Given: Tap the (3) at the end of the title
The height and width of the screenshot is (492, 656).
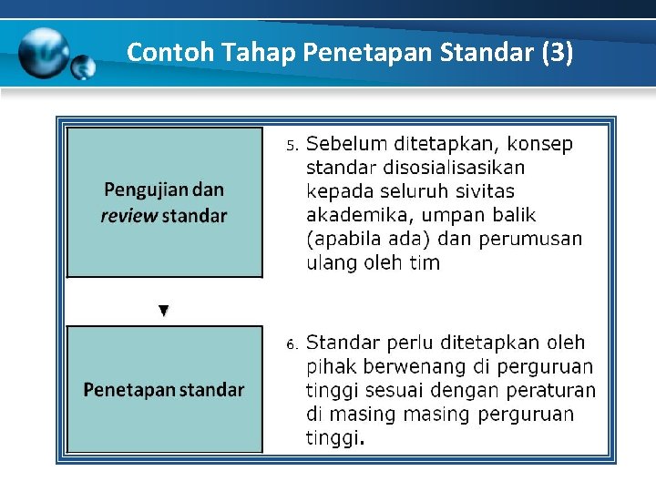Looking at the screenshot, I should (x=557, y=52).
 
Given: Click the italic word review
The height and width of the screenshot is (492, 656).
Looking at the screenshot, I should (x=128, y=216).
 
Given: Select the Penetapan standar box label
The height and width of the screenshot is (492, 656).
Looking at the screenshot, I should (x=164, y=390).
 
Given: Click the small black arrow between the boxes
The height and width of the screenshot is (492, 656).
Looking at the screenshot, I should (x=164, y=311).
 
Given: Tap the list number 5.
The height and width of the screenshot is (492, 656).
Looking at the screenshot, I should (x=292, y=146).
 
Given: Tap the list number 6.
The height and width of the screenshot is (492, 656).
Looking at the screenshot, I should (x=292, y=344).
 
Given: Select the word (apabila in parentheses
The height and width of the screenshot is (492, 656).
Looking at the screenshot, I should (x=341, y=240).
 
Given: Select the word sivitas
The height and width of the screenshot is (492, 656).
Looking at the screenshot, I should (x=486, y=191).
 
